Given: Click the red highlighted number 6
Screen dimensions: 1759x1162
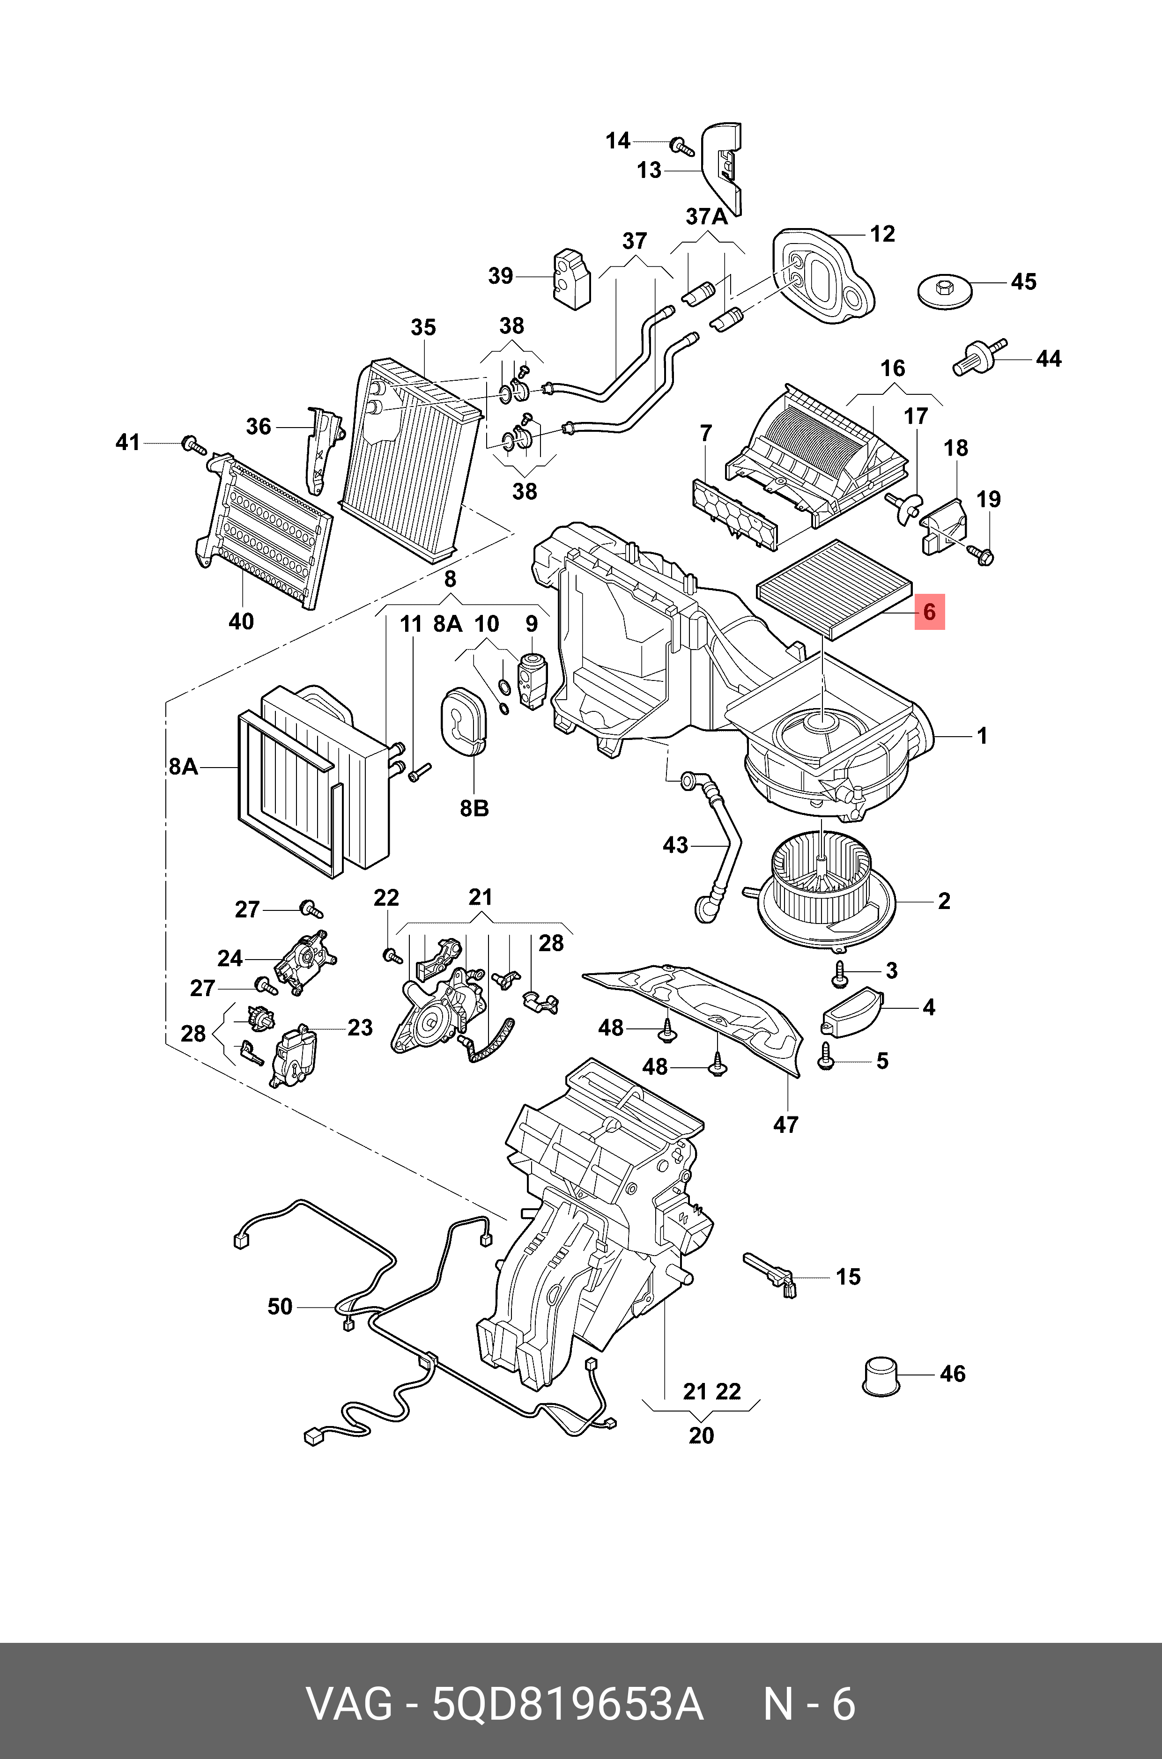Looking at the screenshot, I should [929, 613].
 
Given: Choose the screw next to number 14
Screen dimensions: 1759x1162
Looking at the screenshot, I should [681, 146].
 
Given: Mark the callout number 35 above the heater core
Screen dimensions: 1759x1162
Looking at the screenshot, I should [423, 327].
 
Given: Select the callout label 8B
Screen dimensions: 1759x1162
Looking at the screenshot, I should [474, 808].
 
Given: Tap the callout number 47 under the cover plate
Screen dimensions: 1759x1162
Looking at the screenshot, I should [785, 1125].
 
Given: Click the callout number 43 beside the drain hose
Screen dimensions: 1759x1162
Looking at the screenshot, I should [675, 845].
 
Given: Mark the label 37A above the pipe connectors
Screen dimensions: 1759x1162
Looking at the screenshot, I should [706, 217].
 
